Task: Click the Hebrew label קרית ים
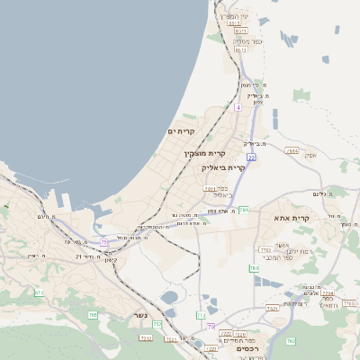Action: [x=181, y=131]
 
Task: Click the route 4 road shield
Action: [x=238, y=106]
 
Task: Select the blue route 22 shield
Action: [x=252, y=157]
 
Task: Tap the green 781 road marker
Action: [x=243, y=210]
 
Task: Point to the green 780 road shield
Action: [x=254, y=267]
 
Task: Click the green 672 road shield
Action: [x=39, y=292]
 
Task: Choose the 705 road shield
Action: [x=93, y=314]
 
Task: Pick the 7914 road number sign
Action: [x=292, y=151]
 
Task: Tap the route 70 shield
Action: [x=211, y=327]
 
